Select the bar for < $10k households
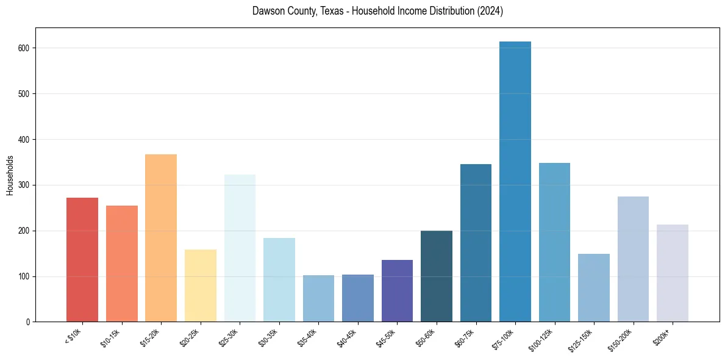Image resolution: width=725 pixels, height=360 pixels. point(82,259)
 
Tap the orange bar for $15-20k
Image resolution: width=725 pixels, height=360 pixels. point(161,238)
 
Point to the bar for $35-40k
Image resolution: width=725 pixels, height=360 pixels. point(318,298)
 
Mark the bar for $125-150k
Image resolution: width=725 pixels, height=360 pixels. point(593,287)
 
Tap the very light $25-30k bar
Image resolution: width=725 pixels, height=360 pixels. point(240,248)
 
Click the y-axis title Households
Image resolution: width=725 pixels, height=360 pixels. point(10,175)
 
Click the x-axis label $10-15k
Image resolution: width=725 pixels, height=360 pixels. point(112,337)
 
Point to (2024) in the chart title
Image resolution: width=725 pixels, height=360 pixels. point(490,12)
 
